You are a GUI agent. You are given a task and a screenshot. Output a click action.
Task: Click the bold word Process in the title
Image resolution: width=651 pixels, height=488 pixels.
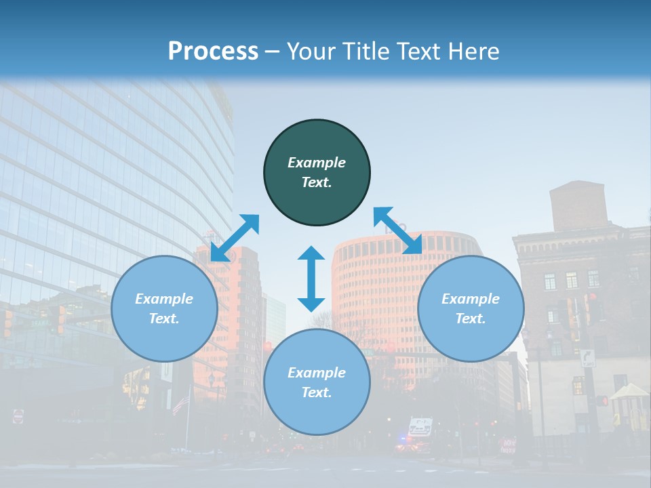coord(213,51)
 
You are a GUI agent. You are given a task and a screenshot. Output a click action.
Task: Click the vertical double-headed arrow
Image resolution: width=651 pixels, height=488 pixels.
coord(311,279)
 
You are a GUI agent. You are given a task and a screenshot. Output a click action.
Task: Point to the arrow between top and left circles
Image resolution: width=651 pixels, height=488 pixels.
coord(235,238)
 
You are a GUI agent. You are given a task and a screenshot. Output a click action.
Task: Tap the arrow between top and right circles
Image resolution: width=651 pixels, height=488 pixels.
coord(398,230)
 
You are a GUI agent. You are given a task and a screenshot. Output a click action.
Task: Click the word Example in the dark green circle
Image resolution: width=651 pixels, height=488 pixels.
coord(317,163)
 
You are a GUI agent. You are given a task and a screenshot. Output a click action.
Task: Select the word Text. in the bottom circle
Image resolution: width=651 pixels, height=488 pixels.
coord(317,392)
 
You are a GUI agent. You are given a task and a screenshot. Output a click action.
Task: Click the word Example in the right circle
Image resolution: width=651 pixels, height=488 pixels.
coord(471,299)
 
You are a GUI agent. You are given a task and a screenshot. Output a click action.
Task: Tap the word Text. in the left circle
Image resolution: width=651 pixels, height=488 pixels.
coord(164,319)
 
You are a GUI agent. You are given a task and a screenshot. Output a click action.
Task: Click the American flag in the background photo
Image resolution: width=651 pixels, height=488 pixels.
coord(180,405)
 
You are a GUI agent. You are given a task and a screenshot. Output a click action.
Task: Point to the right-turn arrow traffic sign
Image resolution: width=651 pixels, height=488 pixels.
coord(587,358)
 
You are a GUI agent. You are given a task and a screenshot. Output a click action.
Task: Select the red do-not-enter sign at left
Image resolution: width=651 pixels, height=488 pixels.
coord(18,415)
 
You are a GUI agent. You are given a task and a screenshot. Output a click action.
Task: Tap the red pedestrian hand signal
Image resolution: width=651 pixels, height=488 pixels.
coord(602,401)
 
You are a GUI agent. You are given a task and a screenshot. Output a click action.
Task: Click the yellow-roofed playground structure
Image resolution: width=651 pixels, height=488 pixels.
coord(630,392)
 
